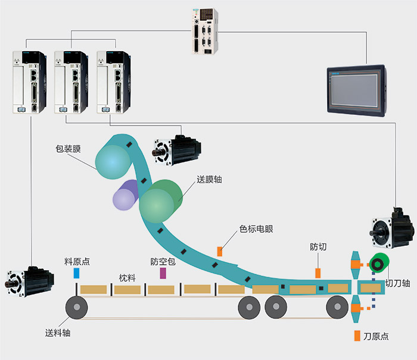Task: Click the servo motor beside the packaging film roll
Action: (178, 151)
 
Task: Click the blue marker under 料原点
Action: (76, 273)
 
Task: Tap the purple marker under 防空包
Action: (163, 273)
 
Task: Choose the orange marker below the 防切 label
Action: (318, 273)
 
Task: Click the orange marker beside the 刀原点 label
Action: (357, 336)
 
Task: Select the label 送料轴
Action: (58, 333)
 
